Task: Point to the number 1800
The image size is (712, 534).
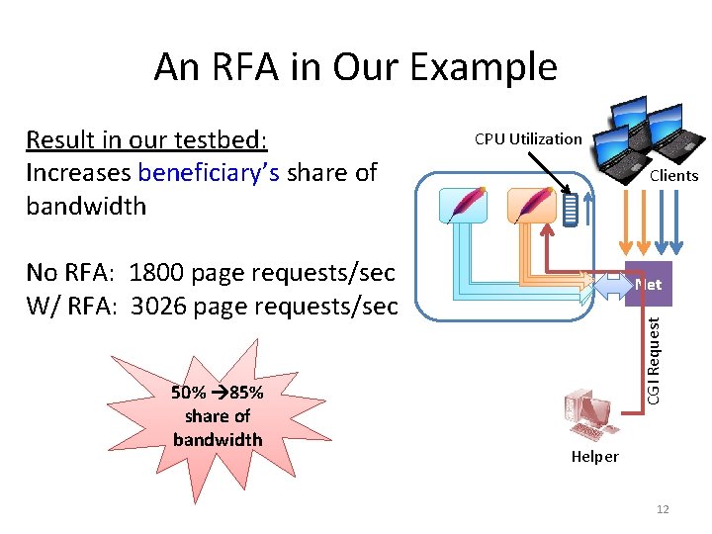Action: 160,272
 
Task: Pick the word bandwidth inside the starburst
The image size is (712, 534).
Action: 218,439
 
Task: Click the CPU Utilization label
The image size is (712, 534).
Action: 528,138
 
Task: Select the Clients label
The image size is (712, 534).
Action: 673,175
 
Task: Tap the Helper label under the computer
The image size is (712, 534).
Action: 595,456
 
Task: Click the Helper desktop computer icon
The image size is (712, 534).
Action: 585,415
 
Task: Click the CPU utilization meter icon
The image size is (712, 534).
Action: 570,209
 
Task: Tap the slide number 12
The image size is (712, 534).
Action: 663,508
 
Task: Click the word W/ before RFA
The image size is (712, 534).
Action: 44,306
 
